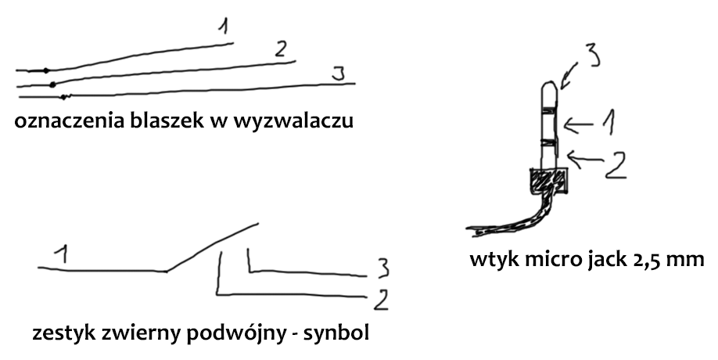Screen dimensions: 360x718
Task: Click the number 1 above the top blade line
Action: click(x=224, y=27)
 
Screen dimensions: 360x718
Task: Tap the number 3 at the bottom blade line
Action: click(x=338, y=75)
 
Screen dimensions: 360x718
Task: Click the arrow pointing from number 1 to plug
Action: click(x=584, y=122)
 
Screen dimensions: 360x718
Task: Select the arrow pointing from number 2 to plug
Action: click(x=587, y=159)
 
